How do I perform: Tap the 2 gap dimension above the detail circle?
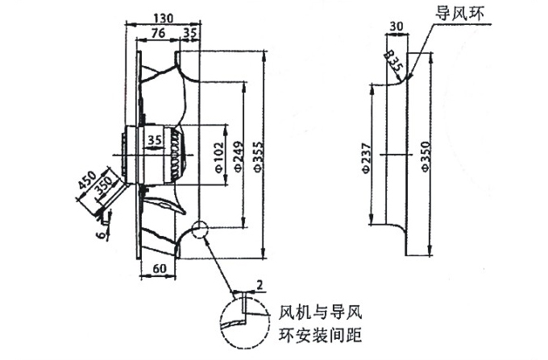tap(259, 283)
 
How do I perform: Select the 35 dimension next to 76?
tap(190, 33)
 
